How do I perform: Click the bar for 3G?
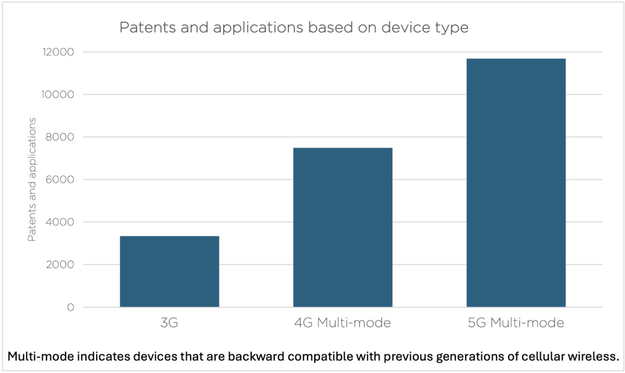[x=169, y=272]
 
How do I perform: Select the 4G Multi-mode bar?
[x=343, y=227]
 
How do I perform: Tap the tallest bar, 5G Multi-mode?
[x=516, y=183]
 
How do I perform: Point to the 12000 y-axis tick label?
[x=58, y=52]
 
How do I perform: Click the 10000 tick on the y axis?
[x=58, y=95]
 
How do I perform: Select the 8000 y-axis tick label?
[x=60, y=137]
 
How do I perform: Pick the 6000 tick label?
[x=60, y=180]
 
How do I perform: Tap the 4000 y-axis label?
[x=60, y=222]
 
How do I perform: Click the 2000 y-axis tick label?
[x=60, y=265]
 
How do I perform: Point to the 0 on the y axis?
[x=71, y=308]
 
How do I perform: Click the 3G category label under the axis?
[x=169, y=323]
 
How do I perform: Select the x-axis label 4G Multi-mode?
[x=343, y=323]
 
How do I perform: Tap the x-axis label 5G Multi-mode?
[x=516, y=323]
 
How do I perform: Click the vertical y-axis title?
[x=32, y=179]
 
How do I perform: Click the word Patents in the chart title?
[x=147, y=28]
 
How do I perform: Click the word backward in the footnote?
[x=255, y=356]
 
